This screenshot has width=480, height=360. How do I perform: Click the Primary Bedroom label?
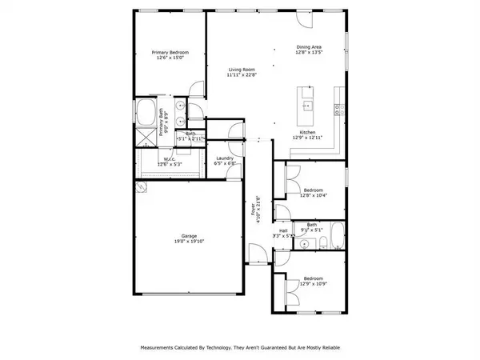(170, 53)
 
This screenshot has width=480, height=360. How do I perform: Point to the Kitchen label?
(308, 132)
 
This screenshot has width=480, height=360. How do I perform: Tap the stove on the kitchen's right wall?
(340, 107)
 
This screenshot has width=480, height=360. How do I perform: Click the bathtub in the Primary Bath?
(146, 111)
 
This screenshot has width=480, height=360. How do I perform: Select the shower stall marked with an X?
(146, 137)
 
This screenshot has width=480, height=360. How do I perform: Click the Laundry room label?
(225, 158)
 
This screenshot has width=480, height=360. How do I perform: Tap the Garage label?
(189, 236)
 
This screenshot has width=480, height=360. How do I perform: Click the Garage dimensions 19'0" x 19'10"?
(189, 242)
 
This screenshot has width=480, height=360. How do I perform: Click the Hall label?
(282, 231)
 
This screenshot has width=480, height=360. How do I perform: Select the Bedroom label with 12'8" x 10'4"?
(312, 190)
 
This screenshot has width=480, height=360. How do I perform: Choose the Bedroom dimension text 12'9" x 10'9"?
(312, 284)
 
